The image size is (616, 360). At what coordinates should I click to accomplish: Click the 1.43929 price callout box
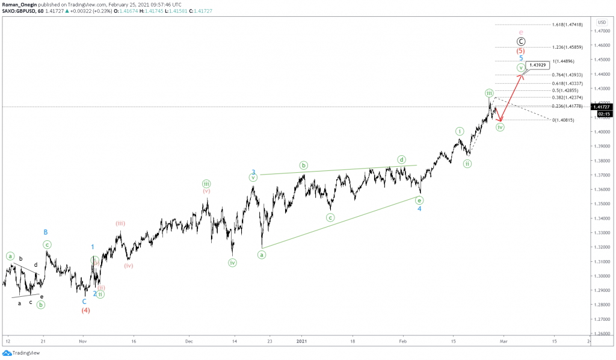point(536,64)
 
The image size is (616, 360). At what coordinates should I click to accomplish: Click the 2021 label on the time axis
point(302,341)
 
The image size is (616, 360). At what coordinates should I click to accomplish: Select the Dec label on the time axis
point(188,341)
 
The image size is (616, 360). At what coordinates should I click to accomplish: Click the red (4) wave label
point(86,311)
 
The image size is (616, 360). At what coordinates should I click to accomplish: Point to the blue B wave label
point(45,232)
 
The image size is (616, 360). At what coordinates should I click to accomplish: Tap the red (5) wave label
point(521,51)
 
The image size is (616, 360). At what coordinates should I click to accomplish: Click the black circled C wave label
point(521,41)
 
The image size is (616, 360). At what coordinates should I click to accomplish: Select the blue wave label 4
point(420,209)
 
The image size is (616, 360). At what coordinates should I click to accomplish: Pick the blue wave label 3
point(254,172)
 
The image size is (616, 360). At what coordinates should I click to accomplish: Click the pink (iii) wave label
point(120,223)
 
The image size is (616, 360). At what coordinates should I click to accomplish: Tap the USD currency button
point(602,22)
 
